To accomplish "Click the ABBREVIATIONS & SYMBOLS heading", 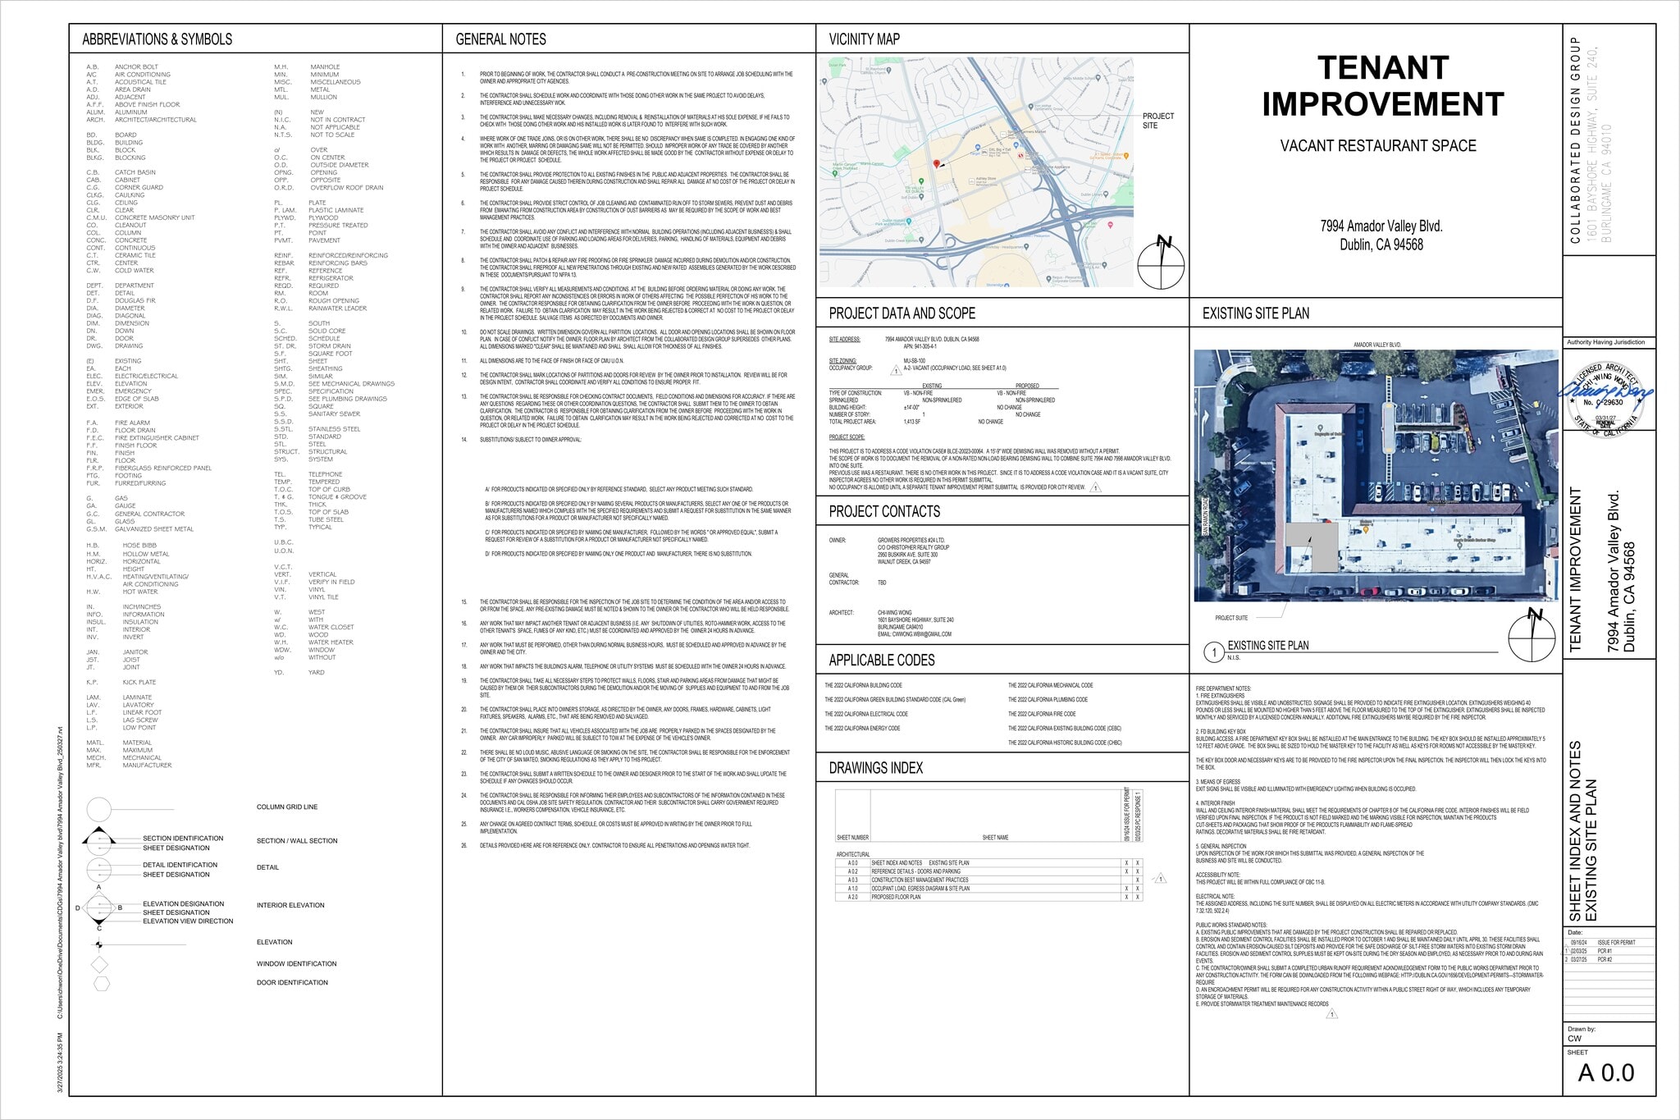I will tap(157, 39).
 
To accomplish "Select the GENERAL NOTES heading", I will tap(500, 39).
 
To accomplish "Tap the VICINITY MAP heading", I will tap(864, 39).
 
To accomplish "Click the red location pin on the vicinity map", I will tap(936, 165).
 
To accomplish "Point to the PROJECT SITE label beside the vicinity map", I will tap(1157, 121).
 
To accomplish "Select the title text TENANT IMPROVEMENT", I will tap(1382, 86).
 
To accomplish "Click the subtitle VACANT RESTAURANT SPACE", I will tap(1377, 146).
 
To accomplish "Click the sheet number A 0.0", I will tap(1605, 1072).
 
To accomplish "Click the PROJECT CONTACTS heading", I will tap(884, 512).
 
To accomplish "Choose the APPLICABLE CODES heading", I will tap(881, 661).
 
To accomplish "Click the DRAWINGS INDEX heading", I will tap(875, 768).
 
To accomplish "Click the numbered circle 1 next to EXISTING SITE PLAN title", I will tap(1213, 652).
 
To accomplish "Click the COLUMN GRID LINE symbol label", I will tap(286, 807).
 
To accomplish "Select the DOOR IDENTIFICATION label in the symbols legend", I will tap(291, 983).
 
